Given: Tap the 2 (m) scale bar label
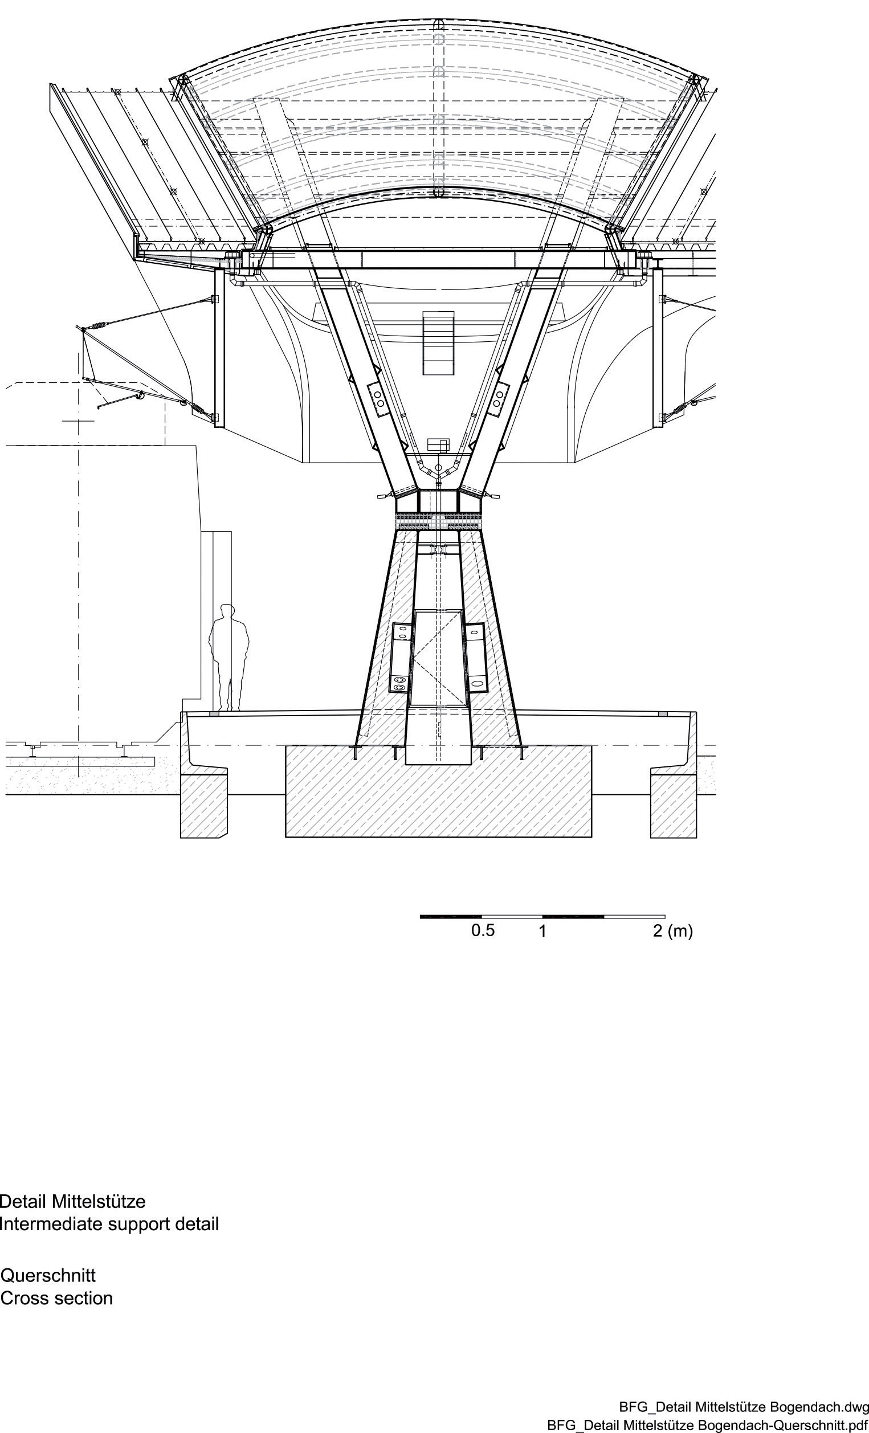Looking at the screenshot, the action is [673, 931].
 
